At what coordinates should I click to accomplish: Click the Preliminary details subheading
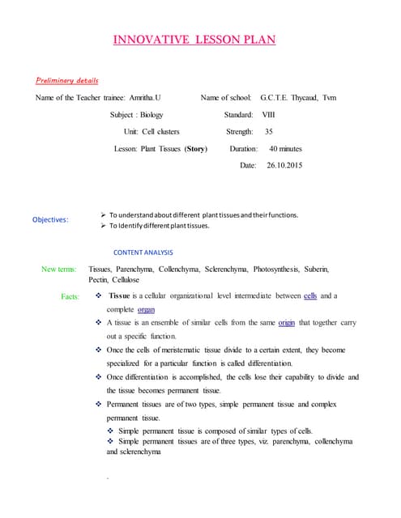(x=67, y=81)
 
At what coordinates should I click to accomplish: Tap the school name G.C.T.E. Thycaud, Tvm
(x=299, y=98)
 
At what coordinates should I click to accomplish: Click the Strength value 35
(x=269, y=131)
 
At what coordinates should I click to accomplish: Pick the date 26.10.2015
(x=284, y=165)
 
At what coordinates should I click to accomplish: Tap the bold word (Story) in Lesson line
(x=196, y=149)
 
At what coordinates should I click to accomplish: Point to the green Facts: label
(x=70, y=296)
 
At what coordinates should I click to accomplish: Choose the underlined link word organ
(x=146, y=309)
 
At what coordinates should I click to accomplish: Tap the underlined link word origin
(x=286, y=322)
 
